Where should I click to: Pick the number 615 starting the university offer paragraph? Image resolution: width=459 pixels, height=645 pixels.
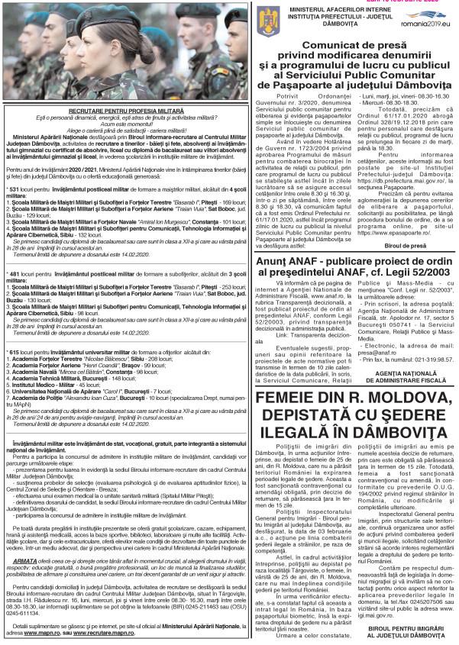click(x=13, y=330)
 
